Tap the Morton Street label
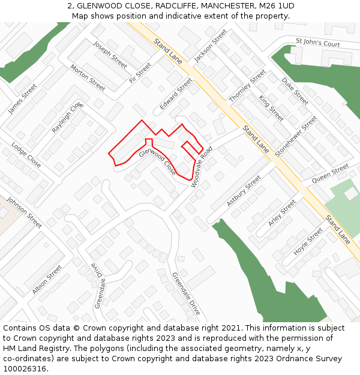[88, 77]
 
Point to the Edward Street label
[176, 94]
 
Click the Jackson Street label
[211, 46]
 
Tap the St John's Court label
[318, 44]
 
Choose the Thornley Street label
[248, 85]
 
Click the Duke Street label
[295, 91]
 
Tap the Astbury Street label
[244, 191]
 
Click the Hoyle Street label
[308, 242]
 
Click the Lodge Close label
[26, 155]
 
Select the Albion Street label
[47, 280]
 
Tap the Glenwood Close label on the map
[158, 161]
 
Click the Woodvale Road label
[202, 167]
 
